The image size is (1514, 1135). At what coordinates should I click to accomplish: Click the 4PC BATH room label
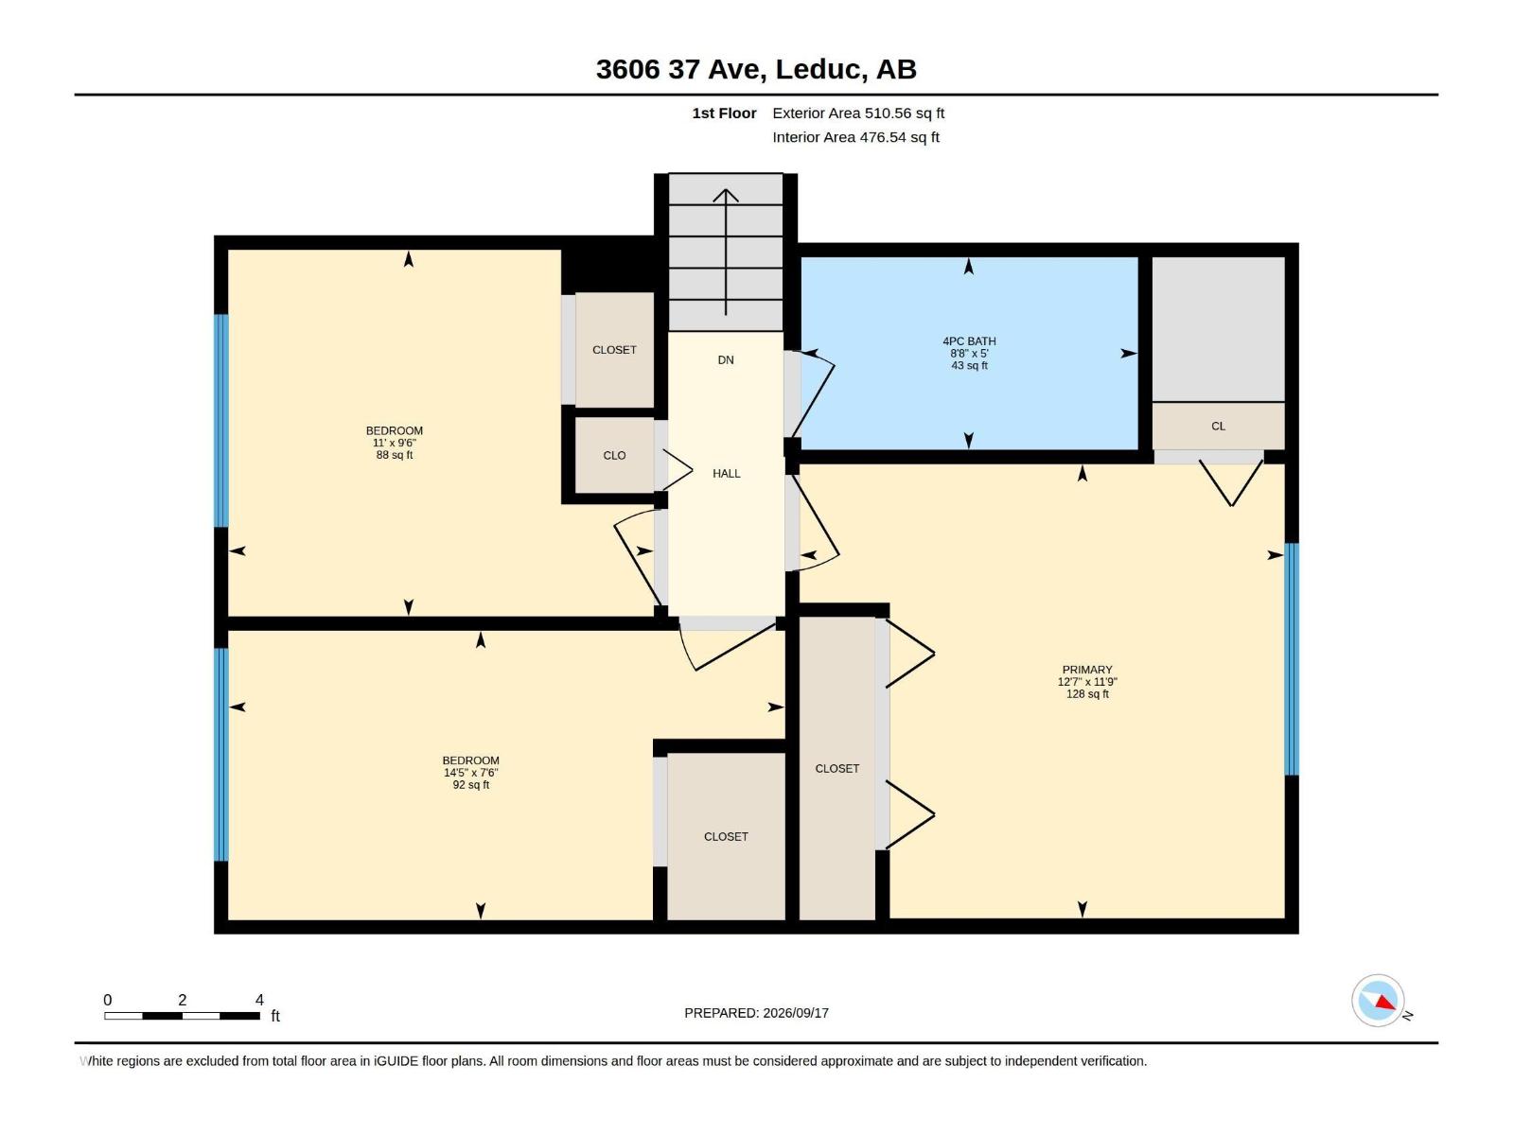[x=969, y=341]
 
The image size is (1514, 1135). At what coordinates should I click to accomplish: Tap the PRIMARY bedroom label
[x=1087, y=670]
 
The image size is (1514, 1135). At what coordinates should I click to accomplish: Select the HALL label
[x=727, y=474]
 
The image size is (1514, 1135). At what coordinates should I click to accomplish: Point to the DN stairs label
[x=726, y=359]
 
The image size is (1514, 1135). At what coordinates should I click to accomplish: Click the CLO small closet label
[x=614, y=456]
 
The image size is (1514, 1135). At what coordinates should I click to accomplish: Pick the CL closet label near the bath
[x=1218, y=426]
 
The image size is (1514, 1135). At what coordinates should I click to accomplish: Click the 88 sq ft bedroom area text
[x=395, y=455]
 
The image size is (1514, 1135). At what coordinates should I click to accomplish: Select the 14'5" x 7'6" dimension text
[x=471, y=773]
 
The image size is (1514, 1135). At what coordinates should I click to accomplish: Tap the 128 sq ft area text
[x=1087, y=694]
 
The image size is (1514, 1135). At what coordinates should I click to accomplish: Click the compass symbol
[x=1378, y=1001]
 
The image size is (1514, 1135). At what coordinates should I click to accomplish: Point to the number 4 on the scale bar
[x=259, y=1000]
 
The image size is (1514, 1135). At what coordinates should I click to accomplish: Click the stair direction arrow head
[x=726, y=195]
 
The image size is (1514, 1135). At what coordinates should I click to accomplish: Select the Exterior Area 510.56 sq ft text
[x=858, y=113]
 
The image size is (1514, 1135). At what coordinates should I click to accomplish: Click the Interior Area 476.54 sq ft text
[x=855, y=137]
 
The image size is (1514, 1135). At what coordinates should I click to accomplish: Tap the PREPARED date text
[x=757, y=1013]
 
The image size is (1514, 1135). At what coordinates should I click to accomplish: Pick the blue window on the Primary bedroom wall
[x=1292, y=659]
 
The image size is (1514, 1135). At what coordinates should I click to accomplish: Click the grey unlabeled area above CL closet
[x=1218, y=329]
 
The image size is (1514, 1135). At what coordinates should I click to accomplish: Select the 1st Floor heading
[x=724, y=113]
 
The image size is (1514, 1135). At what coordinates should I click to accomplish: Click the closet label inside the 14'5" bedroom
[x=726, y=837]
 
